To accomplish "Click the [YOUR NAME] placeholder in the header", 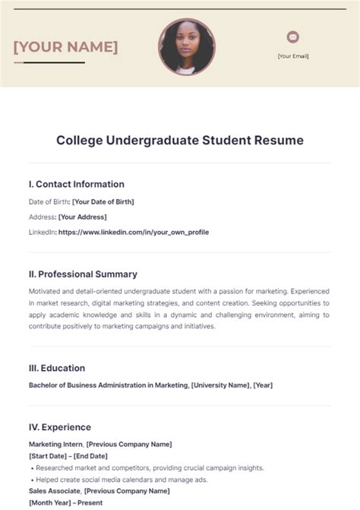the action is [x=65, y=47].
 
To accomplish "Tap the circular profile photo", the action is [x=187, y=47].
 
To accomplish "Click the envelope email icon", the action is [x=293, y=36].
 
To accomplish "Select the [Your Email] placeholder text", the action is [x=293, y=55].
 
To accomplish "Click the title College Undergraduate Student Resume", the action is [x=180, y=141].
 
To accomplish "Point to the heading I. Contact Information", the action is [x=77, y=184].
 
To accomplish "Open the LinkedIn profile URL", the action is [x=133, y=232].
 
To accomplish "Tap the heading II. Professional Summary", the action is [x=84, y=274].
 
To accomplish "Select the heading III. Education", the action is [x=57, y=368].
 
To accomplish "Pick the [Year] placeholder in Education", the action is [x=263, y=385].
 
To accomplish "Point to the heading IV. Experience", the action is [x=60, y=427].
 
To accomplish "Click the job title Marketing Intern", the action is [x=55, y=444].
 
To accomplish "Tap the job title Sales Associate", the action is [x=55, y=491].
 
